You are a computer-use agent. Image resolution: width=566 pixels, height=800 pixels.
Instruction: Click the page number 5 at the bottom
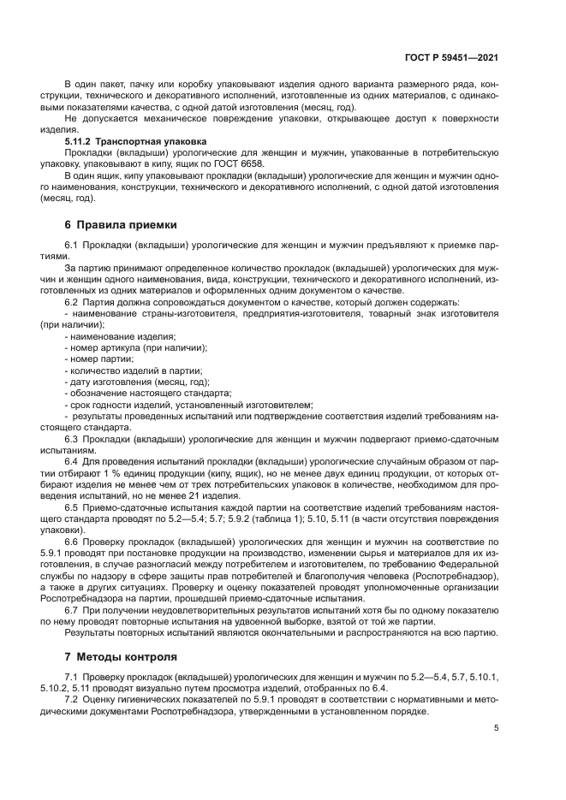(x=497, y=728)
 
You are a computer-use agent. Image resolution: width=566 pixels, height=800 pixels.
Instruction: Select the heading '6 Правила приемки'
(x=121, y=225)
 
